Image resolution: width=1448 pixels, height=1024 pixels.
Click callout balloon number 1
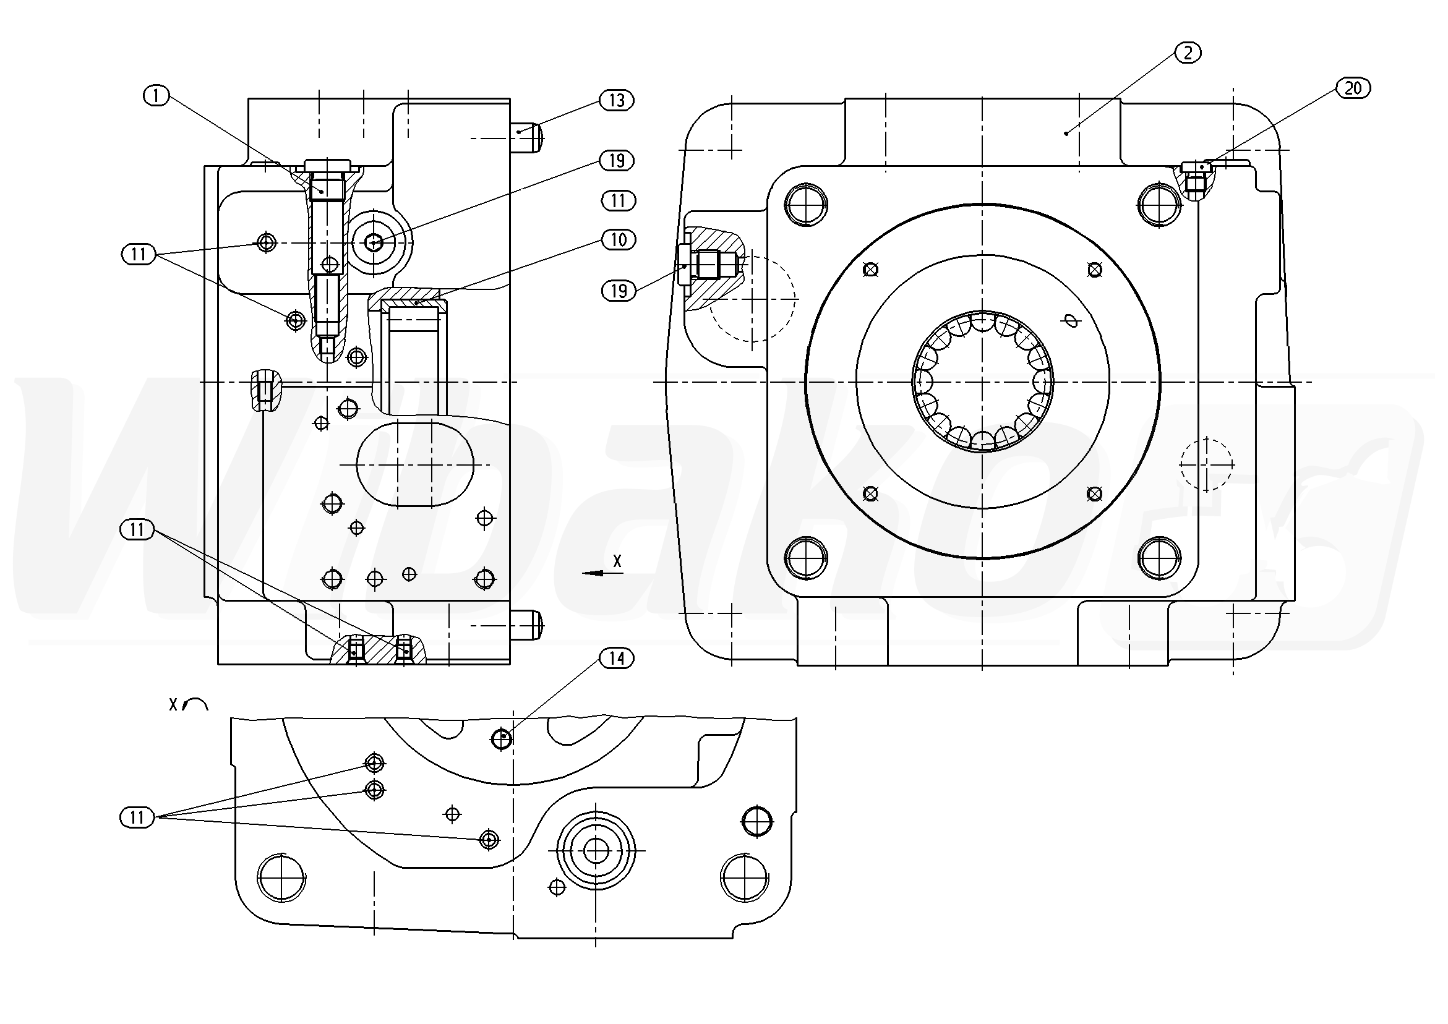coord(157,96)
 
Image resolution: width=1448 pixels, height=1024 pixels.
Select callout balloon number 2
coord(1188,53)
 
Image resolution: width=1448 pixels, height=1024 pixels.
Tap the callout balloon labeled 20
coord(1353,88)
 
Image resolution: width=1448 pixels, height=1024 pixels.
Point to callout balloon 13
coord(616,100)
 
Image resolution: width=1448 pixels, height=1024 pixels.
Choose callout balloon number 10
coord(618,239)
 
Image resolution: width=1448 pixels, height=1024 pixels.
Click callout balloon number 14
coord(616,659)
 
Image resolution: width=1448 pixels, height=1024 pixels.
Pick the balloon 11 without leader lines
coord(618,200)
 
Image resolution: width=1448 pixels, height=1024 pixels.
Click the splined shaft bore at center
coord(983,382)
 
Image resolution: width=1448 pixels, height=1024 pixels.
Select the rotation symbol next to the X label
coord(195,704)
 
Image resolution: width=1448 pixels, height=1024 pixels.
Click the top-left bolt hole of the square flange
coord(806,203)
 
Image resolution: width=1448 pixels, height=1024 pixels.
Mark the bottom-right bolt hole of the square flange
coord(1160,558)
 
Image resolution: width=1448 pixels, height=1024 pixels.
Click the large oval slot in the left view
coord(415,465)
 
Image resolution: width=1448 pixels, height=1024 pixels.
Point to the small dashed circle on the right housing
coord(1206,464)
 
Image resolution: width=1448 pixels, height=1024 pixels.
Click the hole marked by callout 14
coord(502,738)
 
